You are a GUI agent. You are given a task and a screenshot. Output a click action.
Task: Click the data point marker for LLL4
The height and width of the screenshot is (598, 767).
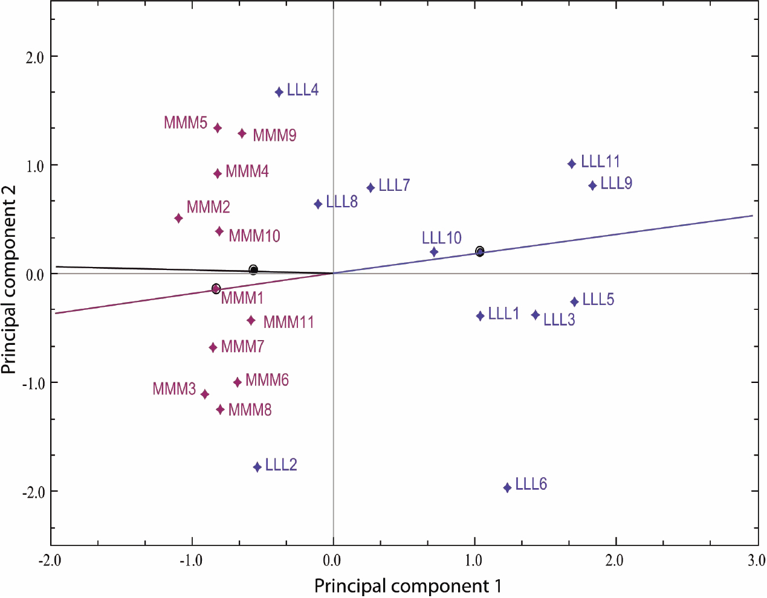279,92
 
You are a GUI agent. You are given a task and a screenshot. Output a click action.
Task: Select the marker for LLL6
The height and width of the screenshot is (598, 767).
508,487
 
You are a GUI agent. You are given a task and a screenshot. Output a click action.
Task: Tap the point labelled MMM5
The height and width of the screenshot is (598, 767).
218,128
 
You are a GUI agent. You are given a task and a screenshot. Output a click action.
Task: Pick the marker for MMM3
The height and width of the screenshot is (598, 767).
205,394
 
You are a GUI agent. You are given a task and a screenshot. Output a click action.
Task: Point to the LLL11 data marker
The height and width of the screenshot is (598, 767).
572,164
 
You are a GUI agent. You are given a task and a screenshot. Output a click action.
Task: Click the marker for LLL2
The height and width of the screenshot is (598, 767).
257,467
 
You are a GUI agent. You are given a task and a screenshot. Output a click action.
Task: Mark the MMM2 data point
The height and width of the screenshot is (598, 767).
179,218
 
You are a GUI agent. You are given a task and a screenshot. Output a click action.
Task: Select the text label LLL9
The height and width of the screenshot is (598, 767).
616,183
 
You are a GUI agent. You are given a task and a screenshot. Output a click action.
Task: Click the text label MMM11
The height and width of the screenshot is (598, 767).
288,322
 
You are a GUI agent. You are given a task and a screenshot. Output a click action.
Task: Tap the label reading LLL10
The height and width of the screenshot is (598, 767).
442,237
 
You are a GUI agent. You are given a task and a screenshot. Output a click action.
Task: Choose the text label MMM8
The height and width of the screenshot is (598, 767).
250,410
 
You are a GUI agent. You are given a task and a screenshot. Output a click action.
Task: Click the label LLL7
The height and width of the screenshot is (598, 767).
394,185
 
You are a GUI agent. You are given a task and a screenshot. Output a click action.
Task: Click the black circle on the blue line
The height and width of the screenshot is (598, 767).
480,251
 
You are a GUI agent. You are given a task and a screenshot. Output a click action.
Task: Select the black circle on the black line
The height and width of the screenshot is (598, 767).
253,269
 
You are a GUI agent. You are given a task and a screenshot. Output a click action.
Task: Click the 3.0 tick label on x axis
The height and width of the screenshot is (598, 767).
756,561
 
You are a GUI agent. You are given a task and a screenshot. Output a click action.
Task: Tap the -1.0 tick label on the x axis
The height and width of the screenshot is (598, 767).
191,561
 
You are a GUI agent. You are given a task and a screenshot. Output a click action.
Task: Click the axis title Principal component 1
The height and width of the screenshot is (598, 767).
407,586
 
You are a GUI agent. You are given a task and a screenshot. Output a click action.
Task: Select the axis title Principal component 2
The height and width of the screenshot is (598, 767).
9,280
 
